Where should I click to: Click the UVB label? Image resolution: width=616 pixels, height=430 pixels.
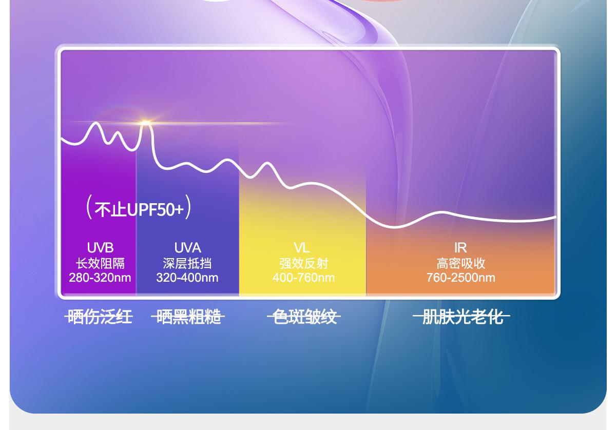[x=100, y=248]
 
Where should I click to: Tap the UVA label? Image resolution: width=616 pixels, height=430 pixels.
[x=187, y=248]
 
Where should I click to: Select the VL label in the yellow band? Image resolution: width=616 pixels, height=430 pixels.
[x=302, y=248]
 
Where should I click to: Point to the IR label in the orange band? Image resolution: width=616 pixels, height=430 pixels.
[x=460, y=248]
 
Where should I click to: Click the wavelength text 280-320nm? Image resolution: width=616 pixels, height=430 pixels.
[x=100, y=278]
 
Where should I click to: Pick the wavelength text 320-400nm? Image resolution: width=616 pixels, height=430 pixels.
[x=187, y=278]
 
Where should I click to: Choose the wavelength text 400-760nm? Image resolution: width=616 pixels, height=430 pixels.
[x=303, y=278]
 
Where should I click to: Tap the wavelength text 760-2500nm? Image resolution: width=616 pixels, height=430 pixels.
[x=461, y=278]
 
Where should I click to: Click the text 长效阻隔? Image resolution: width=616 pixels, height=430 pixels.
[x=100, y=263]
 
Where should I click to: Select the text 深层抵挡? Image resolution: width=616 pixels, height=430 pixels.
[x=187, y=263]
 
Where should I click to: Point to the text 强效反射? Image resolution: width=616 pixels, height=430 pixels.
[x=304, y=263]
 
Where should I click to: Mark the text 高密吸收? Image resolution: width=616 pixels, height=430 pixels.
[x=461, y=263]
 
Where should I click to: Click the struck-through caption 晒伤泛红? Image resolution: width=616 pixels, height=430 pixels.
[x=99, y=317]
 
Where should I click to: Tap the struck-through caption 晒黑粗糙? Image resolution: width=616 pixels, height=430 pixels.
[x=188, y=317]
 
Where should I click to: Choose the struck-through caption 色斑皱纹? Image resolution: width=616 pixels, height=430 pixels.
[x=304, y=317]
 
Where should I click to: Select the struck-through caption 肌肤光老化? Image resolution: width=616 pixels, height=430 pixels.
[x=461, y=317]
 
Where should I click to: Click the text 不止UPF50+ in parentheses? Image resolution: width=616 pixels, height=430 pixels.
[x=139, y=209]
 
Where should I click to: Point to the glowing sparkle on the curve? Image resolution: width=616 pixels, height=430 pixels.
[x=145, y=123]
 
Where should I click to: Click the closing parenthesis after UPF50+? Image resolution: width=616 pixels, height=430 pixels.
[x=188, y=207]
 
